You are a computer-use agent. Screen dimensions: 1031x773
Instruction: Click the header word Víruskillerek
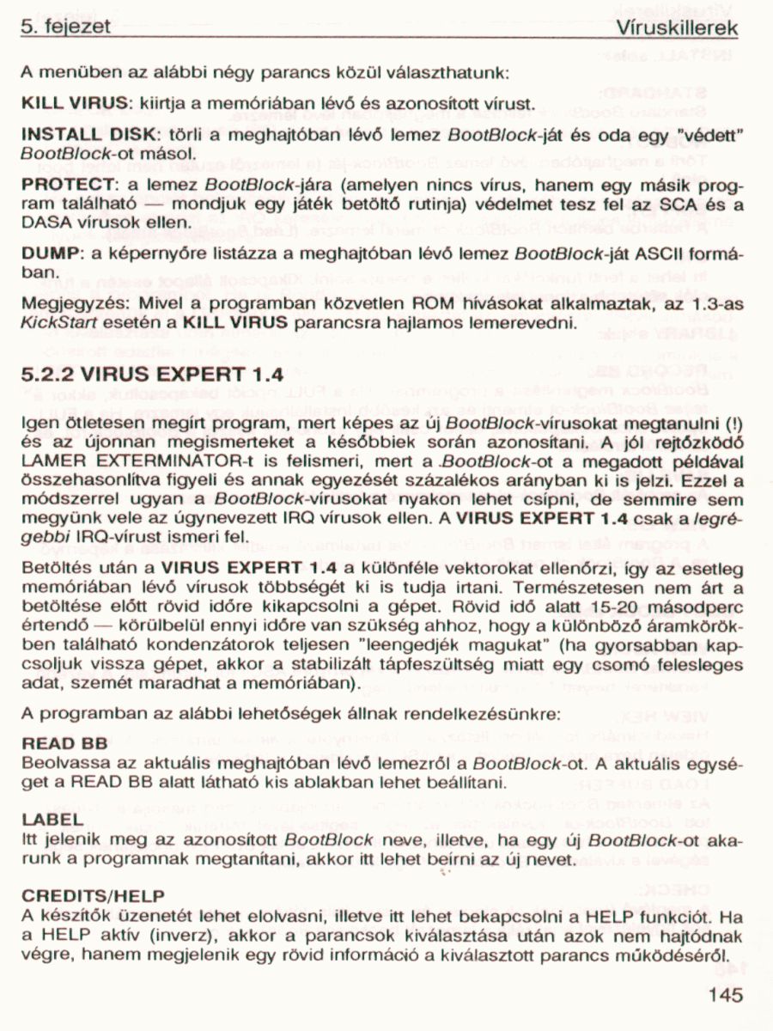(x=678, y=27)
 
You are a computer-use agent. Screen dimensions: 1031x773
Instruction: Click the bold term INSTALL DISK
(x=85, y=136)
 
